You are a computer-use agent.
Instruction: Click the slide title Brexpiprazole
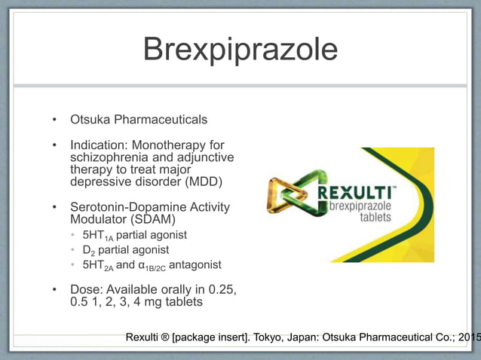240,50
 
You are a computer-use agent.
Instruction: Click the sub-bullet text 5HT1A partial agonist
134,235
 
